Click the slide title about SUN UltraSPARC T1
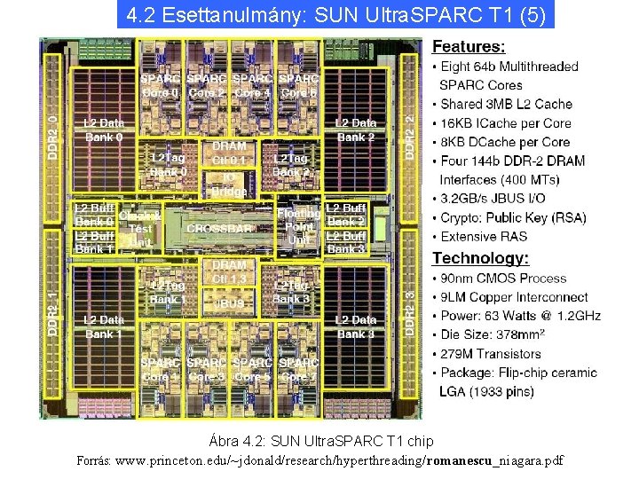(x=335, y=15)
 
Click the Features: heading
(x=469, y=46)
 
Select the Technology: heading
(x=480, y=258)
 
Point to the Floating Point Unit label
(x=299, y=226)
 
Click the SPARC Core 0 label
(x=160, y=85)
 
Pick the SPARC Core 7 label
(x=298, y=370)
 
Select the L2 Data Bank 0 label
(x=104, y=130)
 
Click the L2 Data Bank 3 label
(x=355, y=326)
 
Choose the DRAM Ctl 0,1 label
(x=229, y=153)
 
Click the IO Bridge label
(x=229, y=184)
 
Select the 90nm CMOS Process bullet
(x=502, y=279)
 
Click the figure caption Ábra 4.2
(x=320, y=441)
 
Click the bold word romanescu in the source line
(x=462, y=460)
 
